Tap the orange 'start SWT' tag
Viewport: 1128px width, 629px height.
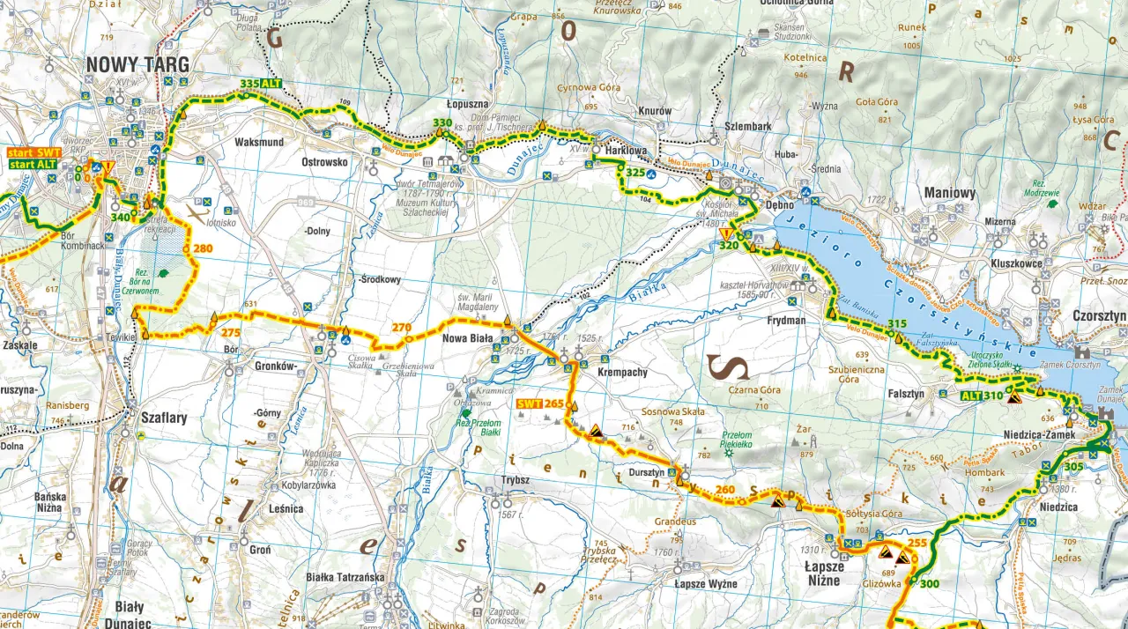34,152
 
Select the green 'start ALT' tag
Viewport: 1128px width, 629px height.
34,165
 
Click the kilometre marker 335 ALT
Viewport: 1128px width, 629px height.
261,83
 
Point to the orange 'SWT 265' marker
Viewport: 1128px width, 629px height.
540,403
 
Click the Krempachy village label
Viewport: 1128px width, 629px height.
622,373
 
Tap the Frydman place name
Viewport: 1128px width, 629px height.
786,321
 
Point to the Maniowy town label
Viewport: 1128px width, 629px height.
950,193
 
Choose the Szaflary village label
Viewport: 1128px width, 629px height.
164,418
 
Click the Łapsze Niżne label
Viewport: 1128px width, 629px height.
824,566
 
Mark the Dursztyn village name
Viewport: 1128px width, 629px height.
646,473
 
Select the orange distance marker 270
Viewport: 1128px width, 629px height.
402,328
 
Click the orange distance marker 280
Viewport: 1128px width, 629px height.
204,249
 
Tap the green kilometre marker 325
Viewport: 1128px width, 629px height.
635,173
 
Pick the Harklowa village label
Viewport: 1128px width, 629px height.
625,151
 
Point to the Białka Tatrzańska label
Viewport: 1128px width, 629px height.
345,578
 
